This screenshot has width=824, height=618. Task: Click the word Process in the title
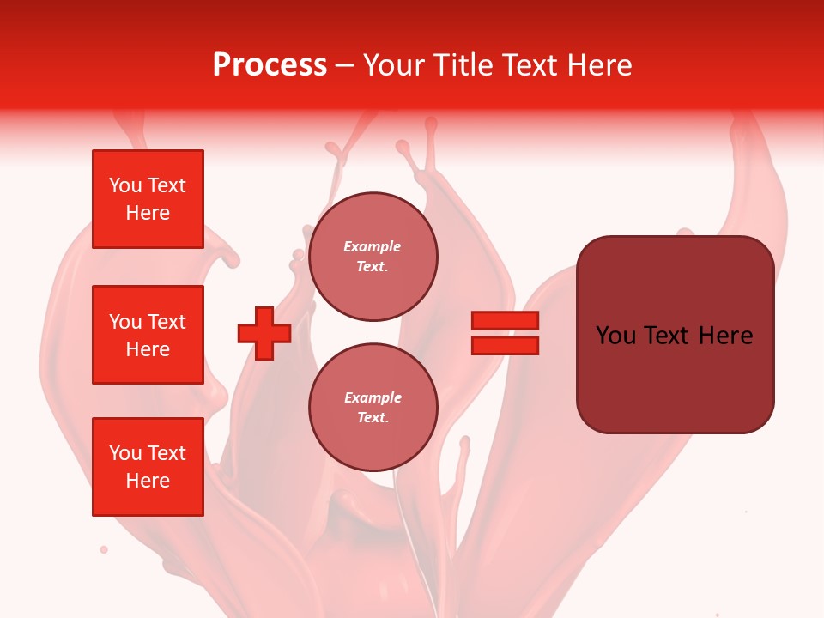[270, 65]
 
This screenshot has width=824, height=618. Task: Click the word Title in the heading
[461, 65]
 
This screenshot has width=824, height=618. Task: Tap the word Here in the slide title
[598, 65]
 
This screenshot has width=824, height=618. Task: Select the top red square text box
[148, 199]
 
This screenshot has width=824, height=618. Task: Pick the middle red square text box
[148, 335]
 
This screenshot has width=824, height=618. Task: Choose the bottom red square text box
[148, 467]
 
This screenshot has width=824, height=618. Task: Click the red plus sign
[264, 333]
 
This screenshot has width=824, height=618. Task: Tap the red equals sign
[505, 333]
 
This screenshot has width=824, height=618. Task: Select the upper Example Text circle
[373, 257]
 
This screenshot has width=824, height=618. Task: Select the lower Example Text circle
[373, 408]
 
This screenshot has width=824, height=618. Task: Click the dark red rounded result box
[675, 335]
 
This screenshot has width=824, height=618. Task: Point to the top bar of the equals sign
[505, 320]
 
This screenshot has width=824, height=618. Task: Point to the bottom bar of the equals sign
[505, 346]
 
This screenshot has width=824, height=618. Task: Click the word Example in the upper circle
[373, 246]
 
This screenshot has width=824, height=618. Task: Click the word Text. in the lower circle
[373, 418]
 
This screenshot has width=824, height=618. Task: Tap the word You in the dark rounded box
[615, 336]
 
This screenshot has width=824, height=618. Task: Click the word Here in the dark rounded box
[725, 336]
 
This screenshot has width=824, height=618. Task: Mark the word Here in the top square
[148, 213]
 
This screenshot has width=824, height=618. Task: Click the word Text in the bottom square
[166, 453]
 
